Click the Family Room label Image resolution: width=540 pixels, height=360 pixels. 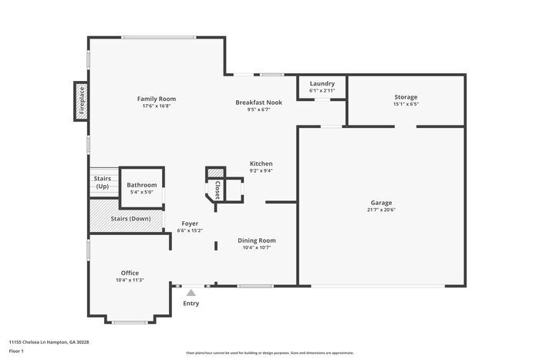click(x=157, y=99)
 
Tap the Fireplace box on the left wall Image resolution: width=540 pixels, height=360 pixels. click(x=81, y=101)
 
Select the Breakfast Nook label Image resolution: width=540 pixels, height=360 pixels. click(x=258, y=102)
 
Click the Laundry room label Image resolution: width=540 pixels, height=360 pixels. click(x=322, y=83)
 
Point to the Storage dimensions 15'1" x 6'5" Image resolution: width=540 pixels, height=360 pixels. click(x=406, y=104)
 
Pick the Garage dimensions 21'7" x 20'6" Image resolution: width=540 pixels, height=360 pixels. click(x=382, y=209)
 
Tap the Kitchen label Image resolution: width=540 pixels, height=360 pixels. click(x=261, y=163)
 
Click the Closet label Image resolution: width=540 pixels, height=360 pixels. click(x=217, y=190)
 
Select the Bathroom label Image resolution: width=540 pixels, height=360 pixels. click(x=142, y=185)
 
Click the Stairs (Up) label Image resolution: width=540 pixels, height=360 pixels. click(x=102, y=183)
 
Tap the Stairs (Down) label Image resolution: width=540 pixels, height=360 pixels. click(x=130, y=218)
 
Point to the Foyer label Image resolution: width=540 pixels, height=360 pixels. click(x=189, y=223)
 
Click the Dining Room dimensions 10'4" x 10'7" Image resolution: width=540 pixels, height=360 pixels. click(x=256, y=248)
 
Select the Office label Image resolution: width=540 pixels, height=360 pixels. click(x=130, y=272)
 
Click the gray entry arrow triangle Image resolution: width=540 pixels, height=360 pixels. click(x=191, y=291)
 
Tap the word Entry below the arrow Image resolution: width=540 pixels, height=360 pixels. click(x=191, y=303)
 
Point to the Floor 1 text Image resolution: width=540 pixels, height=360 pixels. click(x=16, y=351)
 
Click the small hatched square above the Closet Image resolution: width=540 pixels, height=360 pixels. click(x=215, y=173)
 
